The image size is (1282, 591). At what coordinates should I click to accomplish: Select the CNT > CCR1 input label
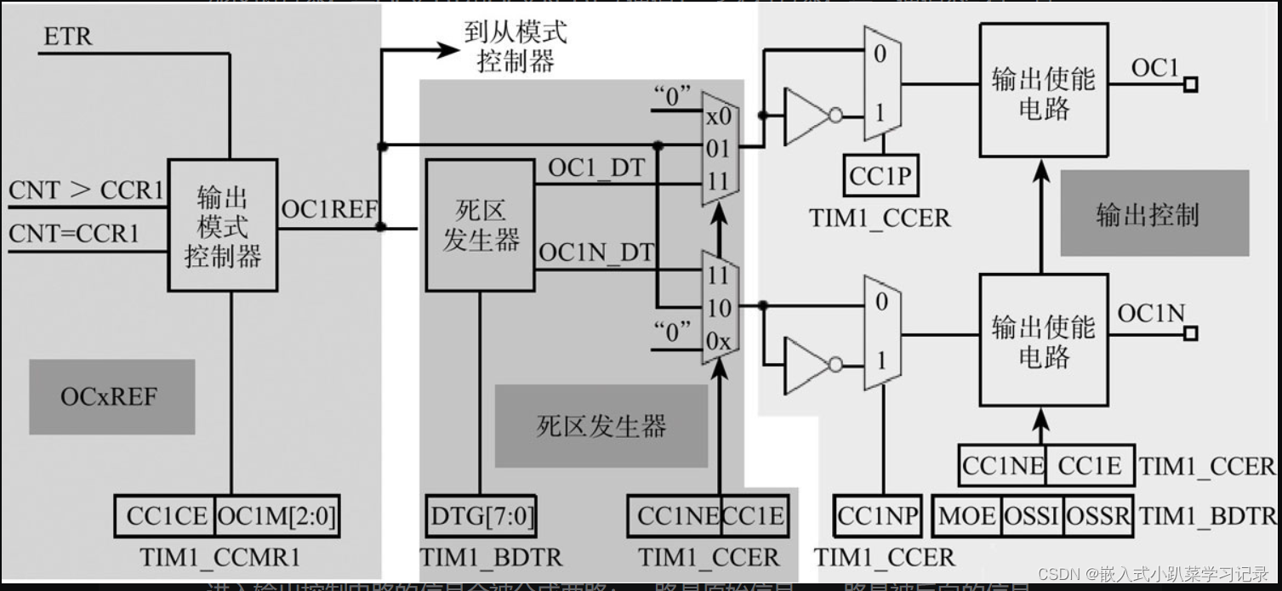pos(85,190)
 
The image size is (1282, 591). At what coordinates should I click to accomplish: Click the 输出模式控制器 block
pos(222,225)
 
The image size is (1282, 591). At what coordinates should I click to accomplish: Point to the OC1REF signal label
pos(328,209)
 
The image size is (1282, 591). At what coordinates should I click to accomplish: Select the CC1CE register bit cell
pos(166,516)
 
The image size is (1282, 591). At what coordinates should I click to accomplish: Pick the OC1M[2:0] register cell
pos(277,516)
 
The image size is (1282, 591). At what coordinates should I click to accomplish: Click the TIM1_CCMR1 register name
pos(220,558)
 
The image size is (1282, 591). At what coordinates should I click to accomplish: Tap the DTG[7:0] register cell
pos(481,516)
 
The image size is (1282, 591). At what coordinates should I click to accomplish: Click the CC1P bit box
pos(880,176)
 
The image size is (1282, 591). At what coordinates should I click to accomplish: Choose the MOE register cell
pos(966,516)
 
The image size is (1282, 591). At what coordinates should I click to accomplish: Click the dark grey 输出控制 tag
pos(1148,213)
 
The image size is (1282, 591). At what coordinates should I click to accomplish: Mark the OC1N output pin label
pos(1150,314)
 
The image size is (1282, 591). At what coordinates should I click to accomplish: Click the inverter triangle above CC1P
pos(807,116)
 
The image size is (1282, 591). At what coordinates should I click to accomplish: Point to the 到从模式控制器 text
pos(516,48)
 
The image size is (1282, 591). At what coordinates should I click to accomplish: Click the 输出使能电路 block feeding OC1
pos(1043,94)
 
